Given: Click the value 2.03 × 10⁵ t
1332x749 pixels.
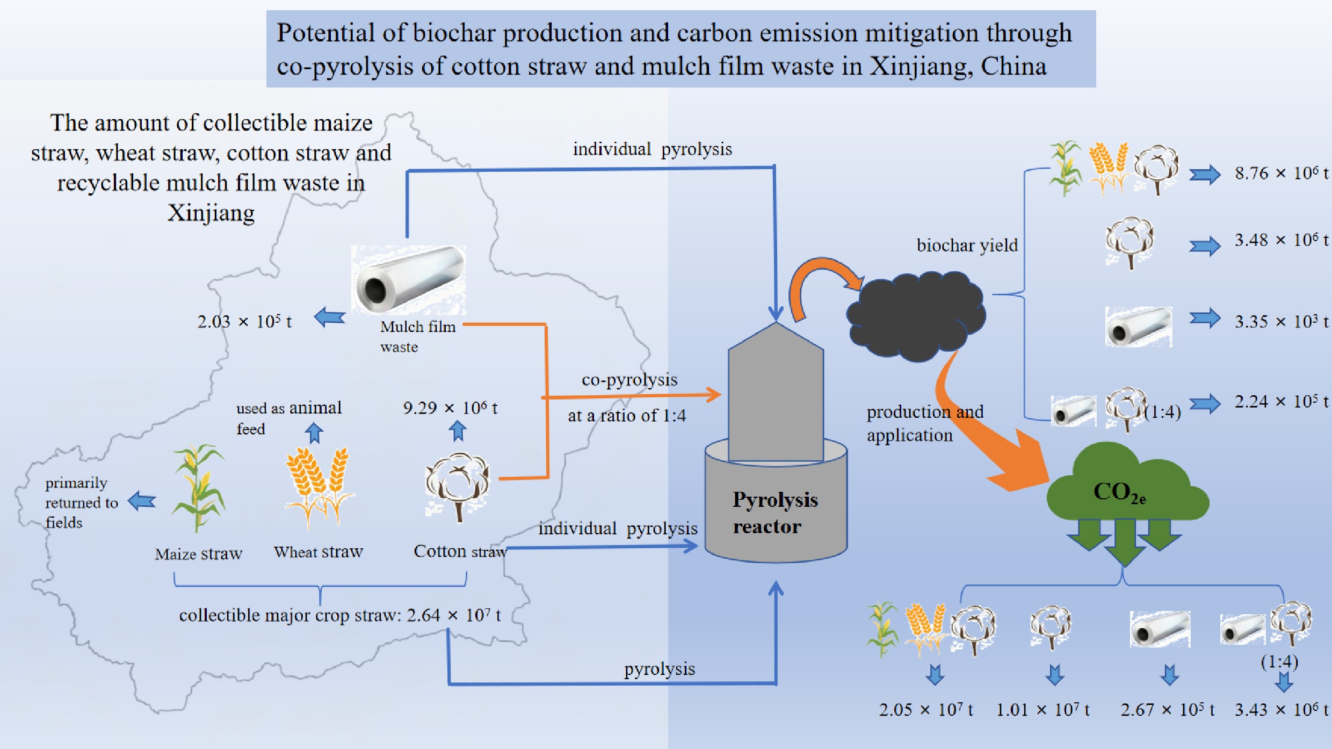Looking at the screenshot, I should (244, 321).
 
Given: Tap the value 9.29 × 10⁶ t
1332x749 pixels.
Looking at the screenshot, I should (450, 408).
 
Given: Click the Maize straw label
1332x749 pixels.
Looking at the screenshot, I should (198, 554).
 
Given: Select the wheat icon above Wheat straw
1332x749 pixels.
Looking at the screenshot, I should (320, 486).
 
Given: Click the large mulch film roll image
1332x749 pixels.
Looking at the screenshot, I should (408, 279).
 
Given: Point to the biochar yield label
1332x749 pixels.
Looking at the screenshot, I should (967, 245).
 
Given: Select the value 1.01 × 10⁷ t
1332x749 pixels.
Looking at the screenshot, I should (1043, 710).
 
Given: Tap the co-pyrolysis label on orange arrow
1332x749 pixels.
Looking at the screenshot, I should (629, 380).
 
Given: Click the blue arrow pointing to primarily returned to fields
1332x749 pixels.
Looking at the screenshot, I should (142, 501).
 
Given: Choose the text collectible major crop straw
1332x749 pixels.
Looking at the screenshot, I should (290, 615).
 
